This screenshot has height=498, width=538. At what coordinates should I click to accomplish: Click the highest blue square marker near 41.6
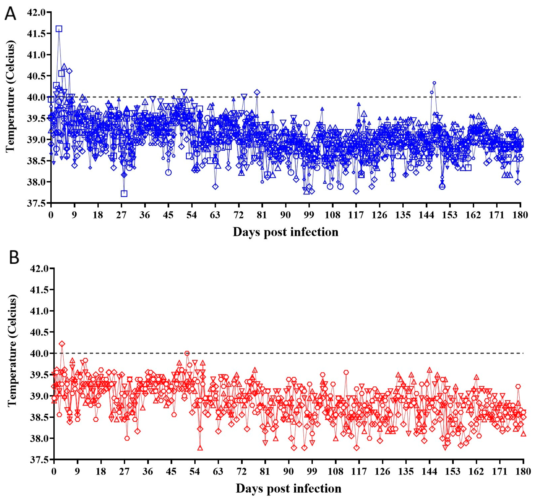[59, 29]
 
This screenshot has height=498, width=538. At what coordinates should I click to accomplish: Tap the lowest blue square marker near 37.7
[124, 193]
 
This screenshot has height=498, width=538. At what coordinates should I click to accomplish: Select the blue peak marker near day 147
[434, 83]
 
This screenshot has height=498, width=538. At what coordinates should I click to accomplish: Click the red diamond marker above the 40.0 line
[62, 344]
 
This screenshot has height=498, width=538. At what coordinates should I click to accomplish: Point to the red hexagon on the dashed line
[187, 353]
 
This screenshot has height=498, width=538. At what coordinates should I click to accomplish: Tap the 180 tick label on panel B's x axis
[523, 471]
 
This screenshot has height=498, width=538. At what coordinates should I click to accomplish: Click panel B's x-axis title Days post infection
[289, 488]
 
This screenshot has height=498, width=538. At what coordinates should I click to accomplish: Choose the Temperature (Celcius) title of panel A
[10, 96]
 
